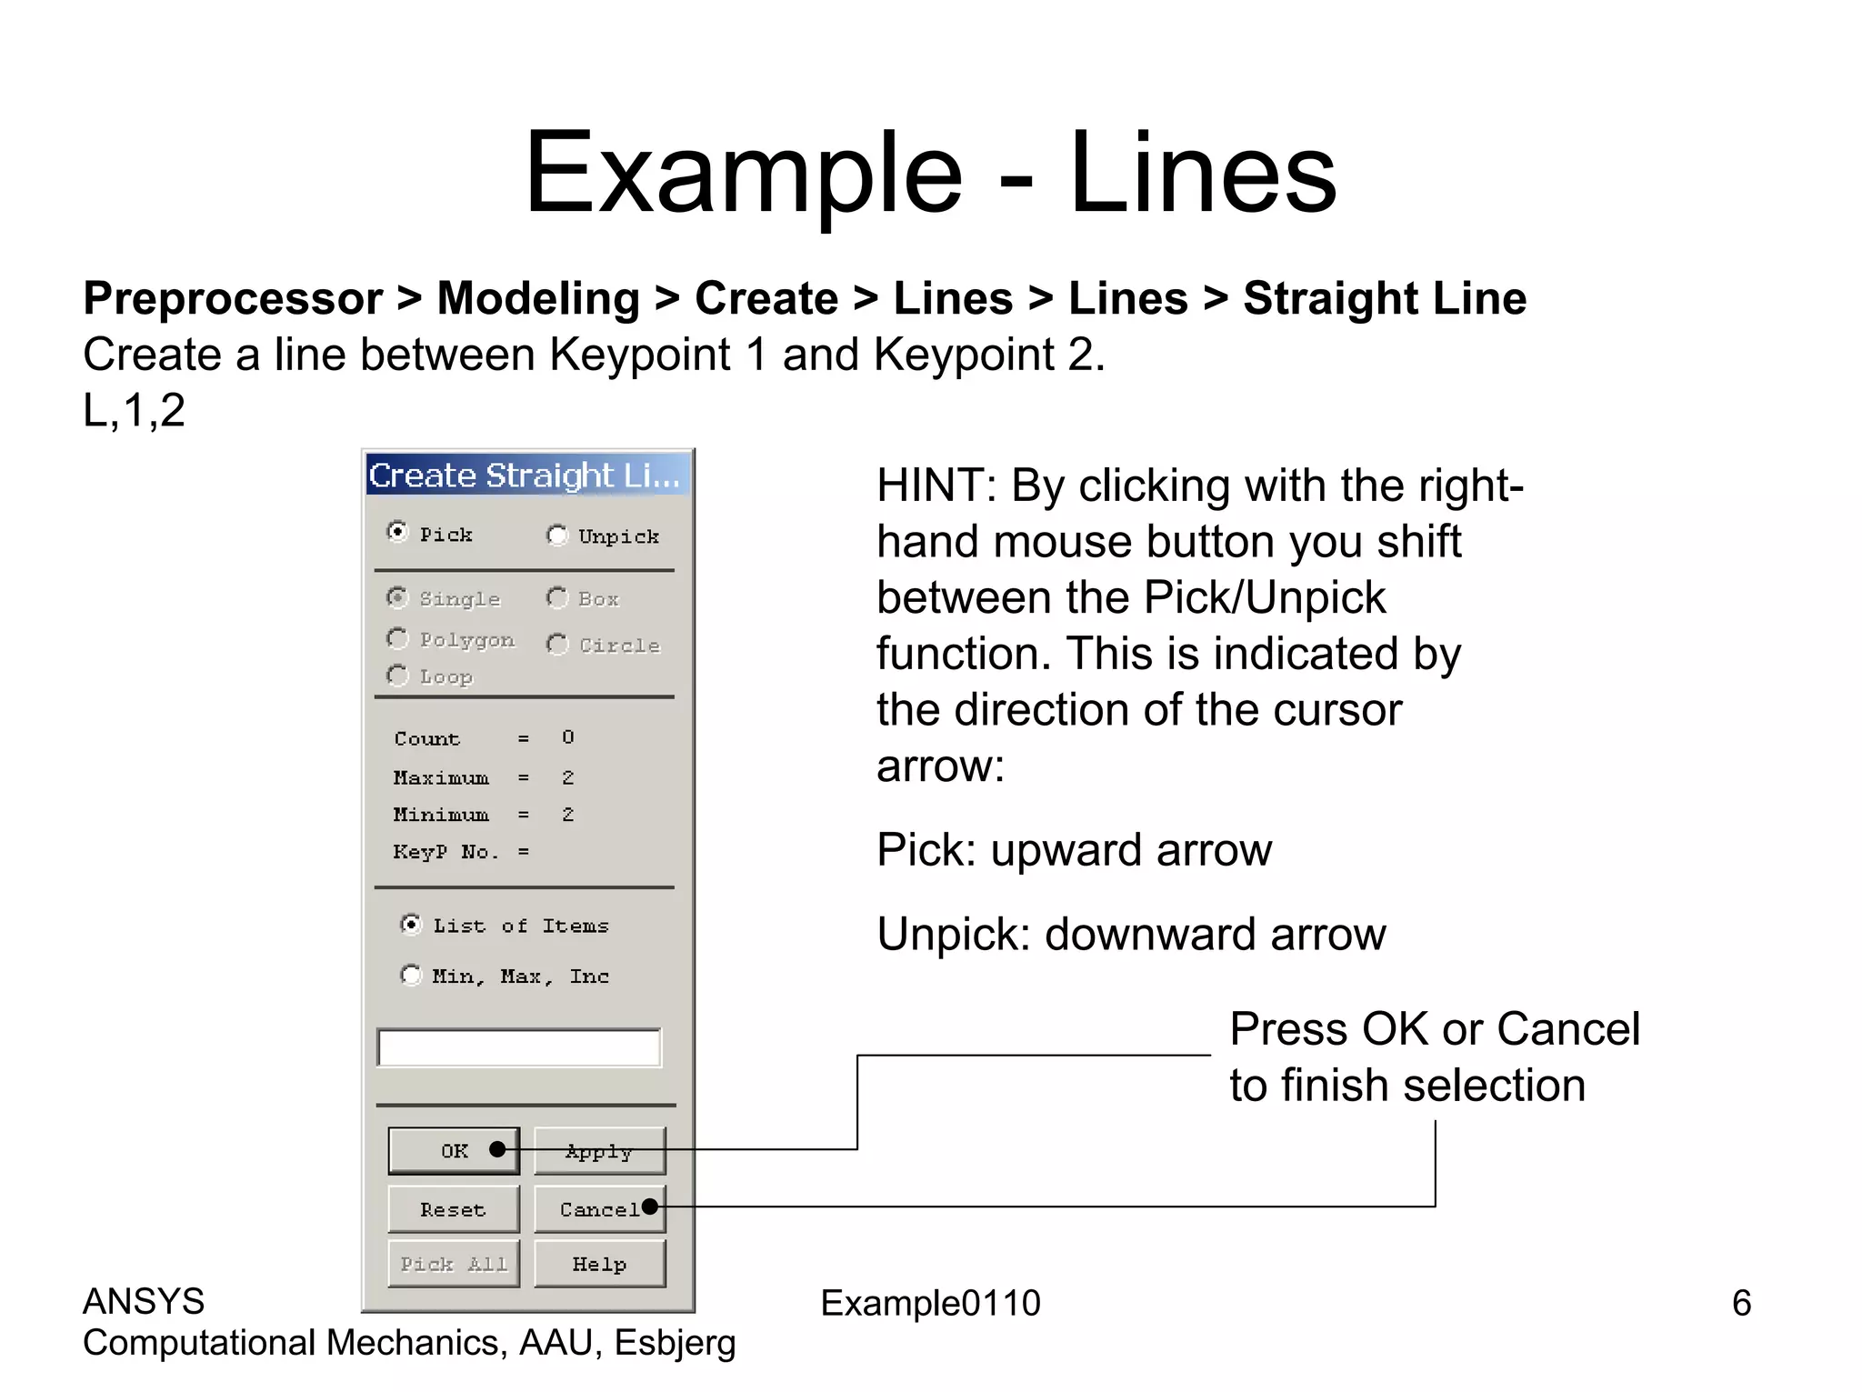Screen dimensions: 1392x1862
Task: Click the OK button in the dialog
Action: point(454,1151)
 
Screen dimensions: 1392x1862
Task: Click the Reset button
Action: point(454,1209)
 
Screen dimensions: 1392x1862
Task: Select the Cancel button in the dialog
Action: point(599,1209)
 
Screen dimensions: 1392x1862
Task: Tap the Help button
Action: point(599,1264)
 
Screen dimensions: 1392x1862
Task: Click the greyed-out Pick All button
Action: point(454,1264)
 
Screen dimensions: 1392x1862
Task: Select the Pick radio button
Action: point(397,532)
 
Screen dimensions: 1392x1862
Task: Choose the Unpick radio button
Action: point(557,536)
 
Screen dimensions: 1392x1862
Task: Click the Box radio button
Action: point(557,598)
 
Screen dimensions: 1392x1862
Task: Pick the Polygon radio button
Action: point(397,639)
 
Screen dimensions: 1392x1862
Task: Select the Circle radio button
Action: point(557,645)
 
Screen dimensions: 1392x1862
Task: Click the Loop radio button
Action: point(397,676)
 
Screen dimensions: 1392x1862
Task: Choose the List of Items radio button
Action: point(411,925)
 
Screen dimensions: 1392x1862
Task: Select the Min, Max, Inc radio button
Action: point(411,976)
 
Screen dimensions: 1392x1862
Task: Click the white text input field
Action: point(519,1047)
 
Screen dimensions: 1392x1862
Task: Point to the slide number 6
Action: point(1741,1303)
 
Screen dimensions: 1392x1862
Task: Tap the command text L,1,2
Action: point(135,410)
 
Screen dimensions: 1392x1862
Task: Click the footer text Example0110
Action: point(930,1303)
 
